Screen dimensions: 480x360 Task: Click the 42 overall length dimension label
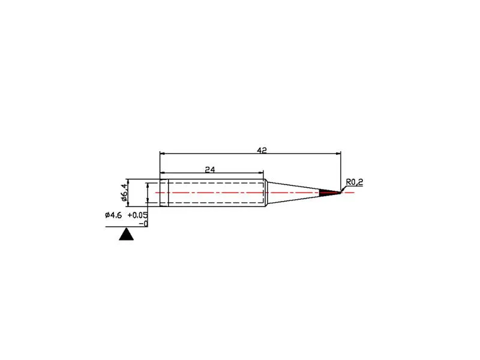click(x=262, y=151)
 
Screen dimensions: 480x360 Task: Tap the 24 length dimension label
click(x=210, y=169)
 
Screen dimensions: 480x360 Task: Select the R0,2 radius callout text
click(x=354, y=182)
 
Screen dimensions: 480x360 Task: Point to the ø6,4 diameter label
click(x=124, y=193)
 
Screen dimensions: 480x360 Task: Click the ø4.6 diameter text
click(x=113, y=215)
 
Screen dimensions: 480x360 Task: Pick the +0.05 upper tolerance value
click(x=137, y=215)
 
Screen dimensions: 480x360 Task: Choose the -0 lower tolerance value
click(x=143, y=224)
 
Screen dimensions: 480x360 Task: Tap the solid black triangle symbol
click(x=126, y=234)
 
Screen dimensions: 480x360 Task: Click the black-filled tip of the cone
click(x=329, y=193)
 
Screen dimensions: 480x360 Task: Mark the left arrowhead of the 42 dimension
click(x=162, y=154)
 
